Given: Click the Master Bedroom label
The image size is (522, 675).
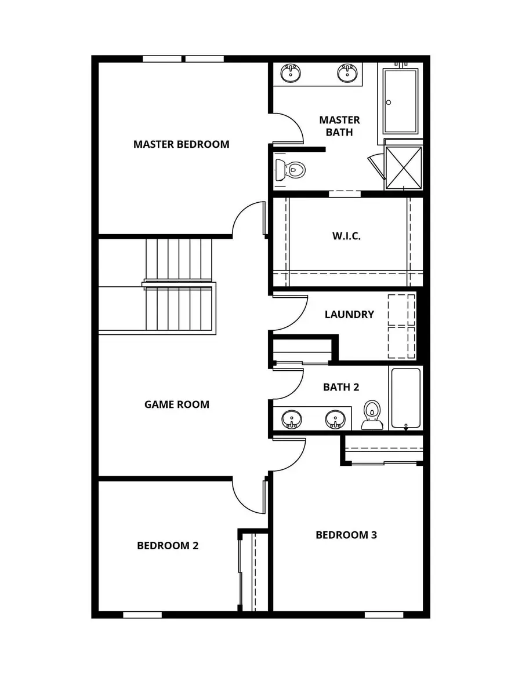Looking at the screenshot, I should (181, 144).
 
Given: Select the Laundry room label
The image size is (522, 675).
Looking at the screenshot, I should (349, 315).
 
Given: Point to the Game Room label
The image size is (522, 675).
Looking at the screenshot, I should (176, 404).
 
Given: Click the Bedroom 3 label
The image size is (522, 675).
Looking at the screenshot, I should (346, 535).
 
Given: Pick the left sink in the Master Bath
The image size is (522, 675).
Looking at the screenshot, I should (290, 74).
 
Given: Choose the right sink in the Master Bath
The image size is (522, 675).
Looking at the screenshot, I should (347, 74).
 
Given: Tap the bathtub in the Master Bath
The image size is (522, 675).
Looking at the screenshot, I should (400, 101).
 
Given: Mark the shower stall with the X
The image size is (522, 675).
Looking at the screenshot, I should (404, 167).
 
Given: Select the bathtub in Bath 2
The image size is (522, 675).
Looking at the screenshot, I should (405, 399).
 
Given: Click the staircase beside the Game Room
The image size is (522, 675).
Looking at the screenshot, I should (179, 285).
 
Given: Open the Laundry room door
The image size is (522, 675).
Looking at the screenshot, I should (288, 313).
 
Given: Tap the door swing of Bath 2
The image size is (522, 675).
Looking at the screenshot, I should (288, 382).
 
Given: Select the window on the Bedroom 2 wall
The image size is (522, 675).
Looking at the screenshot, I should (142, 614).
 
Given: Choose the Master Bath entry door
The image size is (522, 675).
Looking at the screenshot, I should (288, 127).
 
